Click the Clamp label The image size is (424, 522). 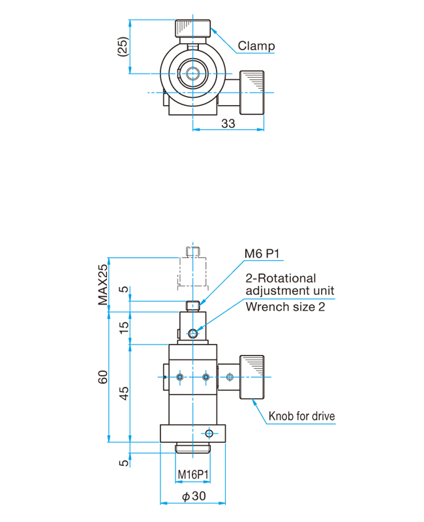coord(256,46)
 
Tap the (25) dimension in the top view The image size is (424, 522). coord(123,46)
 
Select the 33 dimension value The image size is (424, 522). coord(228,123)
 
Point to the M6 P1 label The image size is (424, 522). coord(262,254)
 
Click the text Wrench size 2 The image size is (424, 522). coord(285,307)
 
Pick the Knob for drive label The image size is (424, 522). coord(301,416)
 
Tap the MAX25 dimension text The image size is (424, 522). coord(103,284)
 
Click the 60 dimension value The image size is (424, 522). coord(103,377)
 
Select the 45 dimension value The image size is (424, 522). coord(123,393)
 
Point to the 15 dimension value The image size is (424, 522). coord(123,328)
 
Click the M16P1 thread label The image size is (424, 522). coord(193,474)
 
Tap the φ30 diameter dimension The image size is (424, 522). coord(194,496)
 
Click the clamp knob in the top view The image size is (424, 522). coord(192,29)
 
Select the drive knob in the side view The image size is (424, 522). coord(252,377)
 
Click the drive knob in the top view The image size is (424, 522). coord(252,93)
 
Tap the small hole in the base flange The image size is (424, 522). coord(209,433)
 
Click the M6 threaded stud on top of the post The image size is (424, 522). coord(192,305)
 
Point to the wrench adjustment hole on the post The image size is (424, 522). coord(192,333)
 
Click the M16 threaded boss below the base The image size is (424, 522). coord(192,448)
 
